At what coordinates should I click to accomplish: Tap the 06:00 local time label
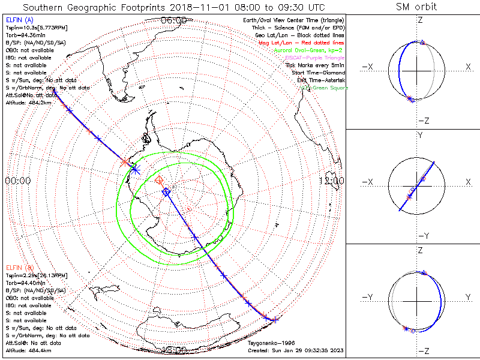[x=174, y=20]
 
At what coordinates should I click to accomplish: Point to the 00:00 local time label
[x=17, y=181]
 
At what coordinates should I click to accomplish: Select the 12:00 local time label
[x=332, y=181]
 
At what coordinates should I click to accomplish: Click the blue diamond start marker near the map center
[x=166, y=192]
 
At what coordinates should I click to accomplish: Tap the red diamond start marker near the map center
[x=159, y=180]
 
